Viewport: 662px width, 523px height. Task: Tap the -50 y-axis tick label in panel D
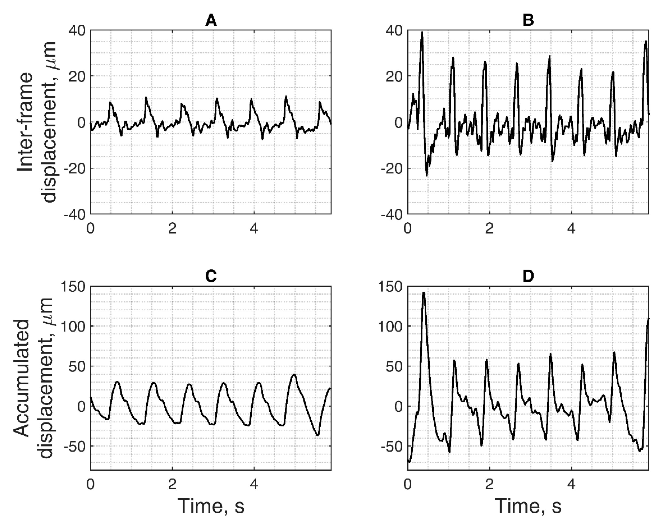pos(391,446)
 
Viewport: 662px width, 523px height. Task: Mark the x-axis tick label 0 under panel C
pos(90,484)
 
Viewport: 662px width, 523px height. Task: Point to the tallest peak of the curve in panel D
pos(424,293)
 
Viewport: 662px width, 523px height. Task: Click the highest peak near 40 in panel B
pos(422,32)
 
